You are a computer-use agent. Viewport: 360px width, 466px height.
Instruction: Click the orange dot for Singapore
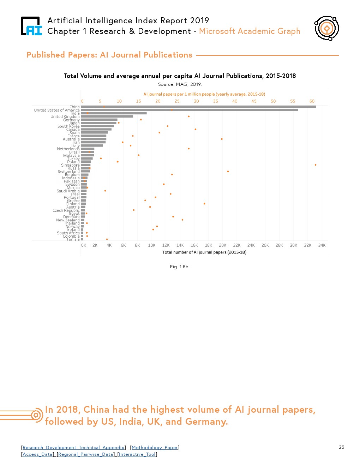tap(316, 165)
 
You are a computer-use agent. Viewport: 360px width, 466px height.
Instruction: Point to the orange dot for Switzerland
tap(228, 172)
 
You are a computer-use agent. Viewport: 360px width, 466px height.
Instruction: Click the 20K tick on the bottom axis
tap(222, 245)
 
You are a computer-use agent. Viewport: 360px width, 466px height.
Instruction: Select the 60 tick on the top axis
tap(312, 101)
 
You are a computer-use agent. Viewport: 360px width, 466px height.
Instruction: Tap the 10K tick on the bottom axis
tap(151, 245)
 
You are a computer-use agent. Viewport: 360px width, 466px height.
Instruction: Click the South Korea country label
tap(68, 126)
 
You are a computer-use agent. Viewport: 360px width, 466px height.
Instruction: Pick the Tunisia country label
tap(73, 239)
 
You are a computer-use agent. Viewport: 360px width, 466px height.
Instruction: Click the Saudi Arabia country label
tap(68, 191)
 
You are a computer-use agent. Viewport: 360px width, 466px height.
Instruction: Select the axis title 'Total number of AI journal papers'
tap(204, 252)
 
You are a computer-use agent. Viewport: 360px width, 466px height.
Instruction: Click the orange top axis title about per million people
tap(204, 94)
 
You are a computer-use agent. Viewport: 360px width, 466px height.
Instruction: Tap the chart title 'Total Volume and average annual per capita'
tap(180, 76)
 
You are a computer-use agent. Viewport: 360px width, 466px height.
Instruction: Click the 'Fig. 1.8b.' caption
tap(180, 267)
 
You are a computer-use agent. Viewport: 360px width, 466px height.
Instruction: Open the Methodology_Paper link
tap(155, 448)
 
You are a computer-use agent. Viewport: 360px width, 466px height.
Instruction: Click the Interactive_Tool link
tap(137, 454)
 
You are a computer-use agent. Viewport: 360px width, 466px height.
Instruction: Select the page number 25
tap(341, 447)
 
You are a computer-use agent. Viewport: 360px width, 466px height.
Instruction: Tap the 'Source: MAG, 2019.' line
tap(180, 84)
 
